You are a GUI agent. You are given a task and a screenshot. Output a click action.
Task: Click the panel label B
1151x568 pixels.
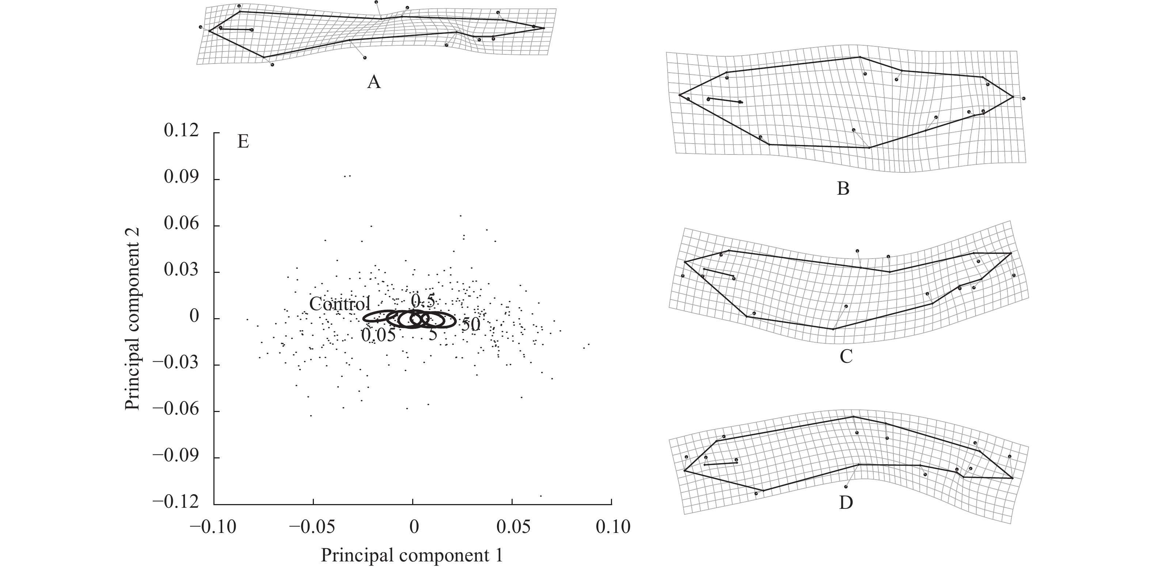[843, 189]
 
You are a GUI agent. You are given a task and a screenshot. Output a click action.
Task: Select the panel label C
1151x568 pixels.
[846, 357]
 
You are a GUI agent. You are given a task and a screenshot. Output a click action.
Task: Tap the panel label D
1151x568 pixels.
[846, 503]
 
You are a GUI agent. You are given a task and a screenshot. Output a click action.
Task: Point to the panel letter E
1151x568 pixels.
[243, 142]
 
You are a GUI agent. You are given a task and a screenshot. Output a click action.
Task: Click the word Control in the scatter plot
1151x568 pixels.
[339, 304]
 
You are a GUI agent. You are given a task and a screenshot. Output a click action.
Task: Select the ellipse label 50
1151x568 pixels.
[471, 325]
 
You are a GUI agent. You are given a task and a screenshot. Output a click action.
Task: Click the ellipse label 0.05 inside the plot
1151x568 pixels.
[378, 335]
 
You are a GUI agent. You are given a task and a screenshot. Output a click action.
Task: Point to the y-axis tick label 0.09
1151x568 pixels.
[181, 178]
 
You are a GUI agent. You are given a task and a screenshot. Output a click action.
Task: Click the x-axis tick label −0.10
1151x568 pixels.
[213, 527]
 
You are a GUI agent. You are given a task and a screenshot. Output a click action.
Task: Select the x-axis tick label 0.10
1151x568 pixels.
[612, 527]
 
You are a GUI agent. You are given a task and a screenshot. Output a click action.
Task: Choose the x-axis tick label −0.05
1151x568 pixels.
[312, 527]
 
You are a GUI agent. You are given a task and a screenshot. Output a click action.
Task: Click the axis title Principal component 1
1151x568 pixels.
[411, 556]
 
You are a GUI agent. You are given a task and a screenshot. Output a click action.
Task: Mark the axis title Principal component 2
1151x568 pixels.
[133, 319]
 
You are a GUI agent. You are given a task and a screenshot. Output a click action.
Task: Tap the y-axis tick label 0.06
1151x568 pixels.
[181, 224]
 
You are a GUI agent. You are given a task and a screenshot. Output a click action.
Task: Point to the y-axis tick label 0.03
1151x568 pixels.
[181, 271]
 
